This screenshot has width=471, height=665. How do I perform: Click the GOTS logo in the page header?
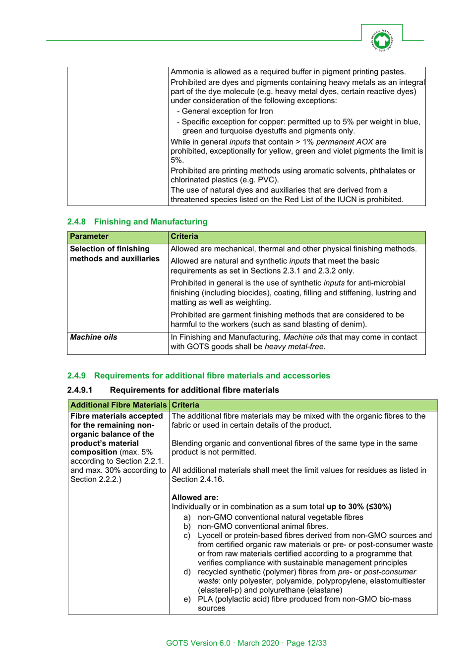[382, 40]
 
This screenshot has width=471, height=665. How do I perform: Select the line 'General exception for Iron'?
[227, 111]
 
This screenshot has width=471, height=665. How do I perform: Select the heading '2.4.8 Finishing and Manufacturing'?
[137, 222]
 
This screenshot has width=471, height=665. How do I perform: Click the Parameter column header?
[89, 237]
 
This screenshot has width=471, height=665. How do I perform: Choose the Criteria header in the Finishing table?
[184, 237]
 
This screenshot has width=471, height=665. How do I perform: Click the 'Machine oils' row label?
[94, 337]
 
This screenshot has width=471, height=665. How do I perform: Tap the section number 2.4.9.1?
[80, 390]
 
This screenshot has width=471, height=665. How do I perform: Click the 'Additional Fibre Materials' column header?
[118, 405]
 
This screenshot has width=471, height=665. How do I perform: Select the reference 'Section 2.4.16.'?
[198, 480]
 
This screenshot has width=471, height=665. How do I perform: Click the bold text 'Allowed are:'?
[195, 498]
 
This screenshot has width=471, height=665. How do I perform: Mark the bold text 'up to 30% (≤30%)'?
[359, 507]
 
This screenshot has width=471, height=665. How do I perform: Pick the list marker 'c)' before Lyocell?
[187, 536]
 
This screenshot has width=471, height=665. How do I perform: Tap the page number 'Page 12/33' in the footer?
[306, 643]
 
